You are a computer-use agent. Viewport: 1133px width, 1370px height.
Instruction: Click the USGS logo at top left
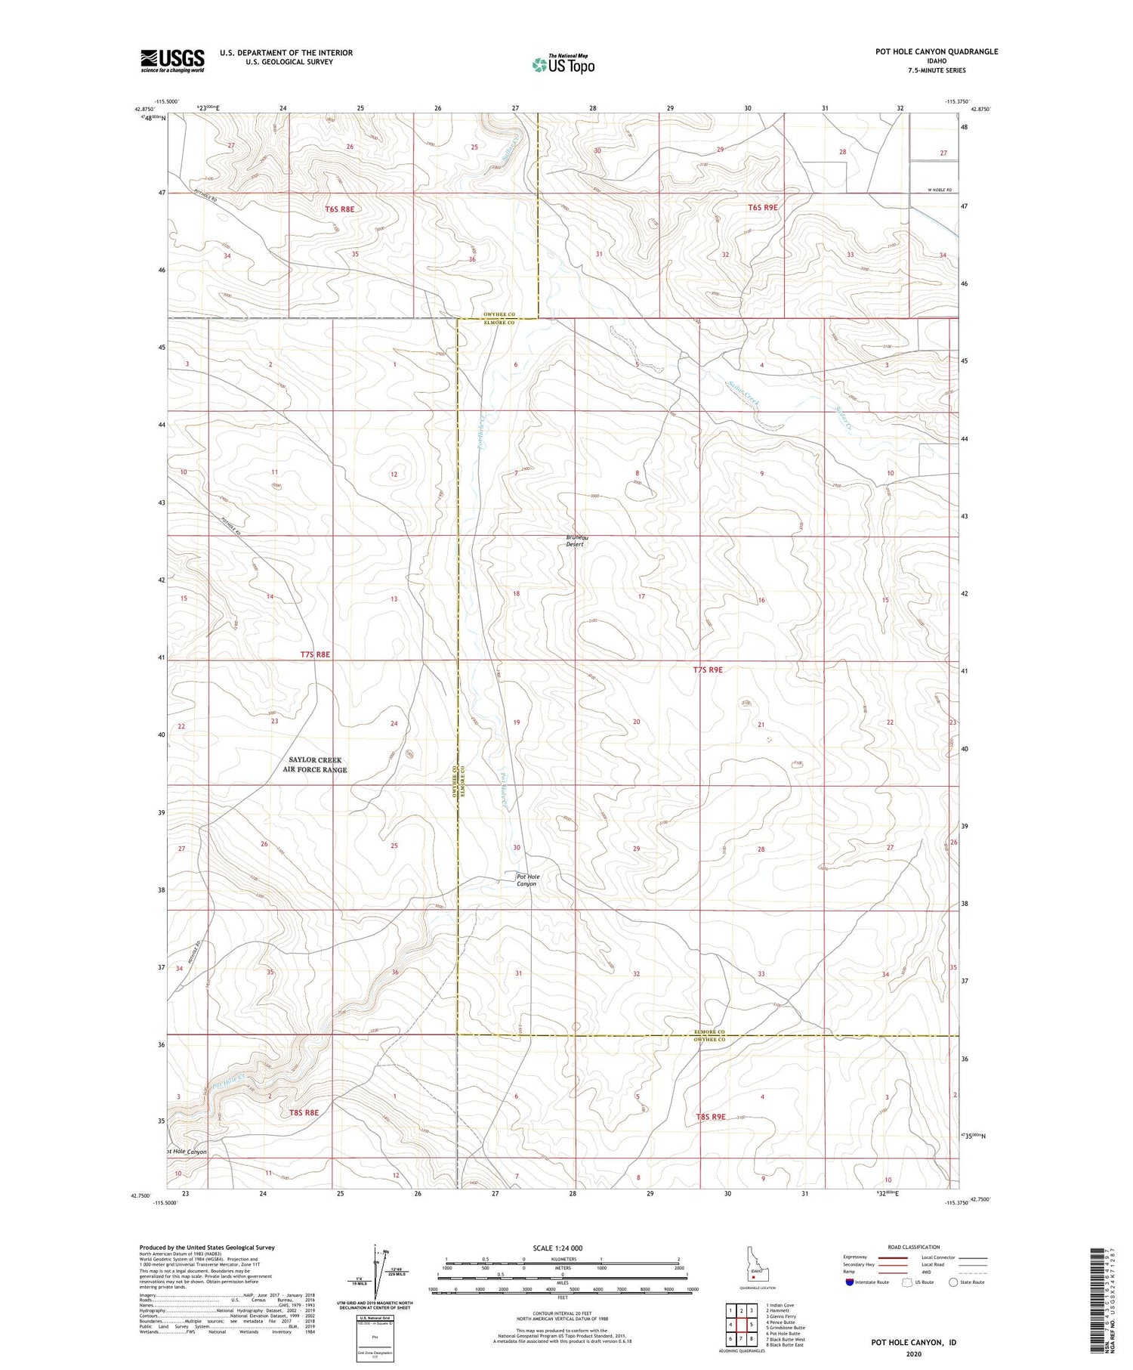tap(172, 60)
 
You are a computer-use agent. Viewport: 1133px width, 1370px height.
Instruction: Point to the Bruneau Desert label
tap(576, 540)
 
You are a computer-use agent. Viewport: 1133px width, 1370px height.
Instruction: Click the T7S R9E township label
tap(708, 670)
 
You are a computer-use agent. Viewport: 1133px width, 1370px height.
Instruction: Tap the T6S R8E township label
tap(341, 208)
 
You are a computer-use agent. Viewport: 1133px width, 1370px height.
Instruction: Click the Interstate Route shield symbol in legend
tap(850, 1282)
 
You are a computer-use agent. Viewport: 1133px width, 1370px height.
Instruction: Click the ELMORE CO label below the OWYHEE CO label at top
tap(499, 323)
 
